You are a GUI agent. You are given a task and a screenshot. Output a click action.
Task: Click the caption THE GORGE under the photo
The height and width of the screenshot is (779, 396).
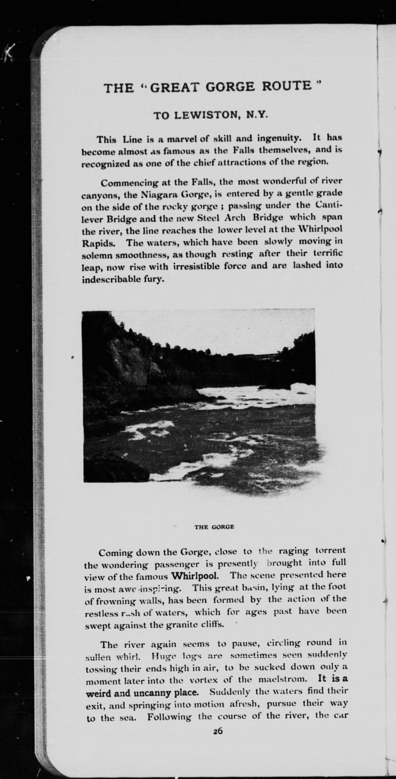click(214, 527)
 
